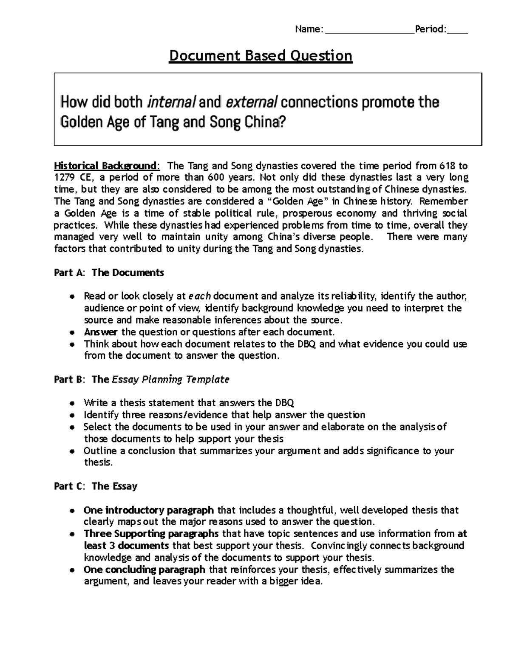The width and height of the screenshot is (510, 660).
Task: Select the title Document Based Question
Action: tap(261, 56)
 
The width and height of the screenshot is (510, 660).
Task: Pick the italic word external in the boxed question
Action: tap(252, 102)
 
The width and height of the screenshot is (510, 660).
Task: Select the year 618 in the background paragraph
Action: tap(446, 165)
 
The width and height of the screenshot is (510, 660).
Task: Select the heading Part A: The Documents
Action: tap(109, 272)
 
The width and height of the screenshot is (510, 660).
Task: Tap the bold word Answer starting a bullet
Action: tap(101, 332)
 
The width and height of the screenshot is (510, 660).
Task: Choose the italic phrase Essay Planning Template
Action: tap(170, 380)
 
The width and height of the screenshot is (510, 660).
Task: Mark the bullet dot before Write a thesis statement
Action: tap(73, 403)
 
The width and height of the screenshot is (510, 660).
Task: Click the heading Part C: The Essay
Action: tap(96, 486)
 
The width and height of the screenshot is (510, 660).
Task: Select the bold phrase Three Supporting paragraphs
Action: tap(151, 534)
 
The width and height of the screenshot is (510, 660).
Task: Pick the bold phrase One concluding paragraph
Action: tap(144, 569)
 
